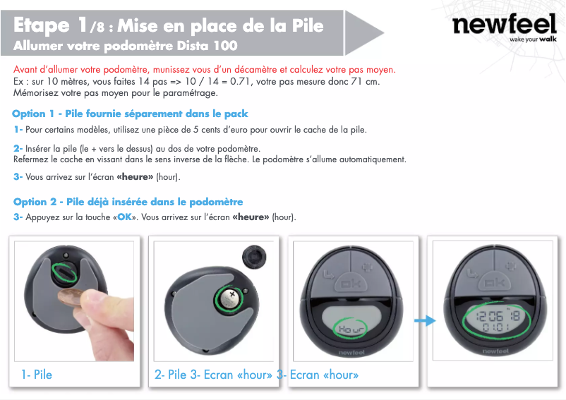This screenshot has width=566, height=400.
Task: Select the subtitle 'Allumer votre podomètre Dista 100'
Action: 125,47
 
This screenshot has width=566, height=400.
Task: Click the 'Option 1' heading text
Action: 130,114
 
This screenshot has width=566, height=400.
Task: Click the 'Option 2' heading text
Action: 128,202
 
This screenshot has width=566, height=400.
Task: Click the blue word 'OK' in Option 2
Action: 125,217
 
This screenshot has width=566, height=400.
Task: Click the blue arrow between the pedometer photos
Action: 423,321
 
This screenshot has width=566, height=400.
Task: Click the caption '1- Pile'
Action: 37,375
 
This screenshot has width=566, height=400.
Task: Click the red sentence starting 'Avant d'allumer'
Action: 205,70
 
